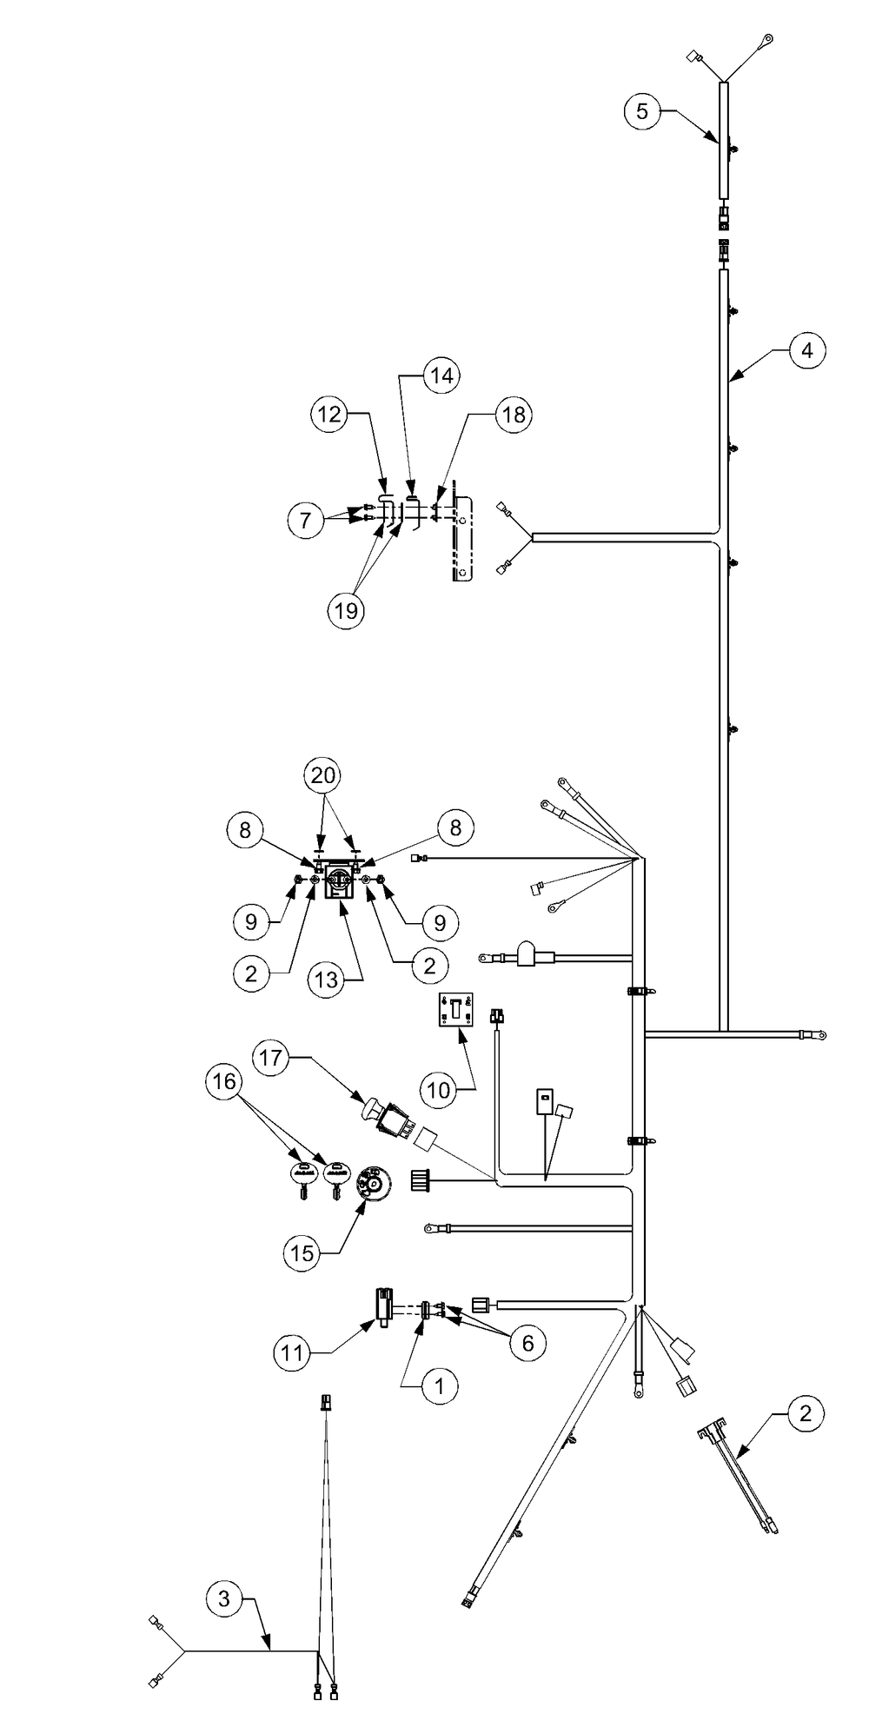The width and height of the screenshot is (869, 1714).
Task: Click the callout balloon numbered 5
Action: [642, 111]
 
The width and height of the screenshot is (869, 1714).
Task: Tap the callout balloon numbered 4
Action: [807, 350]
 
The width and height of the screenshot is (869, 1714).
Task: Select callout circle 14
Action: [441, 375]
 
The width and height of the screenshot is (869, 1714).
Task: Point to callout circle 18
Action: [514, 415]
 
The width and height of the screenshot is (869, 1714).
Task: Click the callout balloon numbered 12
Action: [329, 415]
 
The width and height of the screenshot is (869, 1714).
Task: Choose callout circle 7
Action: [305, 521]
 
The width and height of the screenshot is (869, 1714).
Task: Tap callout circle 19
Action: [346, 610]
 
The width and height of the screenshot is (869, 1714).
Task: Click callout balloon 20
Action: [322, 774]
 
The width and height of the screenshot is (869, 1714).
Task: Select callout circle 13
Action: [326, 980]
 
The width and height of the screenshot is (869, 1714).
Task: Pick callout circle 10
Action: [439, 1089]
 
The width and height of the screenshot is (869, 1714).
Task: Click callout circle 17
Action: [270, 1058]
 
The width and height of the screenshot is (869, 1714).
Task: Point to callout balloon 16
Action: [223, 1082]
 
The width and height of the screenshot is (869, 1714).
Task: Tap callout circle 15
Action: [301, 1252]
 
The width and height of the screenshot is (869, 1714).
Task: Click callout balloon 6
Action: [527, 1343]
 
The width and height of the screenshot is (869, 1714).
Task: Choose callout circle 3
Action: [224, 1598]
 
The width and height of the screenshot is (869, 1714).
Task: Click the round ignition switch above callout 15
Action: [372, 1182]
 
